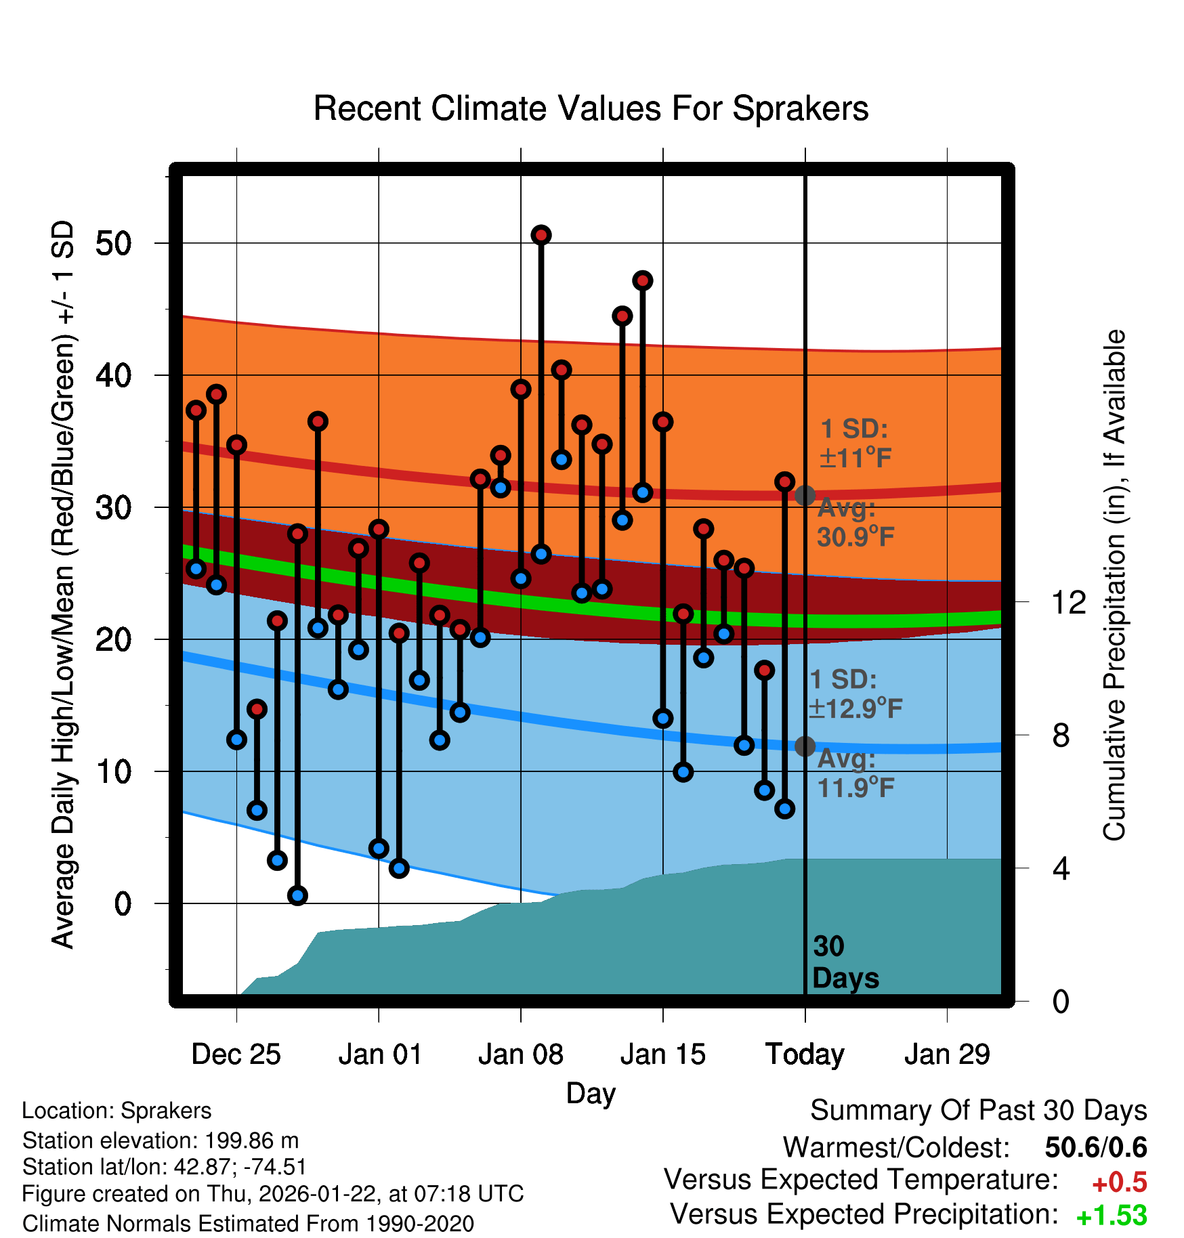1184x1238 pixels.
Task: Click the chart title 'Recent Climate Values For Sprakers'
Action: tap(591, 108)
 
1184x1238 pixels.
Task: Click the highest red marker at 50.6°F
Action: tap(541, 235)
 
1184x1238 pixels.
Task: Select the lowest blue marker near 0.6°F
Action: tap(297, 895)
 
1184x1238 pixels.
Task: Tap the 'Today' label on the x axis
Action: tap(805, 1054)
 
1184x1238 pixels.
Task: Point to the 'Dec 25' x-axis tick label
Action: tap(236, 1054)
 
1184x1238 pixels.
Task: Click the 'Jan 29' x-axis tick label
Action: tap(947, 1054)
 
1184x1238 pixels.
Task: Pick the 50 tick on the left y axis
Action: tap(114, 243)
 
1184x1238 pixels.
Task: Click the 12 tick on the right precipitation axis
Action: tap(1068, 602)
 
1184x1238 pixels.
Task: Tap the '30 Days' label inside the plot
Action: tap(845, 962)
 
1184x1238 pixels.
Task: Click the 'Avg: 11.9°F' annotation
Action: tap(855, 773)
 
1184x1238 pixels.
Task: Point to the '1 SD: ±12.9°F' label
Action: tap(855, 694)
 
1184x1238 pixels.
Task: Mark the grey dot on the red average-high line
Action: tap(805, 496)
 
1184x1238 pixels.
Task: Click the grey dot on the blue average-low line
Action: tap(805, 746)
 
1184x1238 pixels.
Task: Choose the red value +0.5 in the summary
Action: tap(1119, 1182)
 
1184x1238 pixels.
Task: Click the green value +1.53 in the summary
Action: tap(1111, 1216)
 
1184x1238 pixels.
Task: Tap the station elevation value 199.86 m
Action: tap(251, 1140)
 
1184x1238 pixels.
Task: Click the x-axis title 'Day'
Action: tap(591, 1093)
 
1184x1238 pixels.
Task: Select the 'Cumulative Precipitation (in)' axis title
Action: tap(1114, 585)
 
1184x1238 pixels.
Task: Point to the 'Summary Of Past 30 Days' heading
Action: tap(978, 1111)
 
